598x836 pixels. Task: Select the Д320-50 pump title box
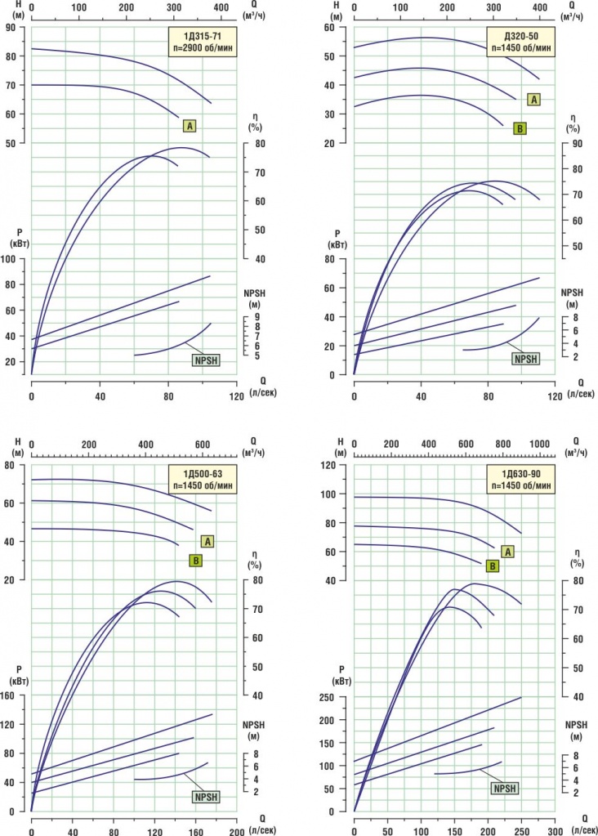click(x=520, y=41)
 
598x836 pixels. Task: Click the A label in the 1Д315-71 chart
click(x=189, y=126)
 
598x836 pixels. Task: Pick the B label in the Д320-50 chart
click(x=520, y=127)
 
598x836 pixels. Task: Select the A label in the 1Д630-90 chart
click(x=507, y=552)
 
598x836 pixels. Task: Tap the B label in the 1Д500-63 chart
click(x=195, y=561)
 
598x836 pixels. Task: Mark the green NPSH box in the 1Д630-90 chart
click(x=504, y=789)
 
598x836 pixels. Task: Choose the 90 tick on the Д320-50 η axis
click(x=578, y=144)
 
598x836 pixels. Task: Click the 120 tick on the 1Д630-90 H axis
click(x=332, y=465)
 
